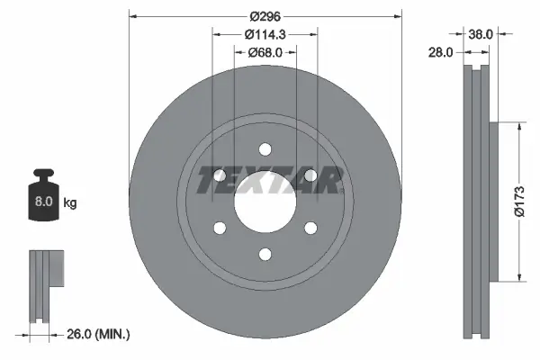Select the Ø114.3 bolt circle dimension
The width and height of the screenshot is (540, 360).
265,34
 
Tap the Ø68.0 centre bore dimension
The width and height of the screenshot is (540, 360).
265,52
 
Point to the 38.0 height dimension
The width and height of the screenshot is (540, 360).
481,35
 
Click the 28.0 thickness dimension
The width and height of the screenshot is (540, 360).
440,53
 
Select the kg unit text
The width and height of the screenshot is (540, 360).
70,203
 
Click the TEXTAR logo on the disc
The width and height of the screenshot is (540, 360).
267,180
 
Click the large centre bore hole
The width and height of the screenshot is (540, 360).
265,202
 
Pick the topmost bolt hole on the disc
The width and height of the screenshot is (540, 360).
265,149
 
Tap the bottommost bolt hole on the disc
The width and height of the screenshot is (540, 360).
265,254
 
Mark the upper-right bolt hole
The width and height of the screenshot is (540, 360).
309,175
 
